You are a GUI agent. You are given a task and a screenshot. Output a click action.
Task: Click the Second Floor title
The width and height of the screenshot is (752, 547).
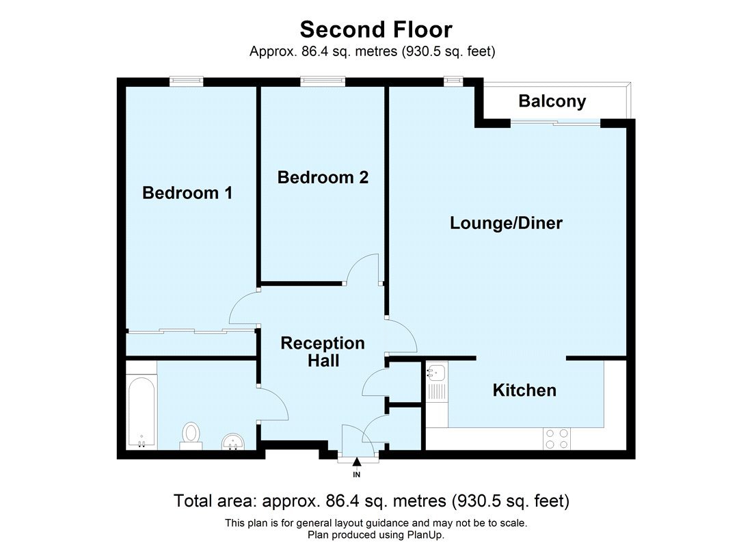376,29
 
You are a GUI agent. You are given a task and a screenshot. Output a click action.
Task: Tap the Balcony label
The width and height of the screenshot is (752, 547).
552,102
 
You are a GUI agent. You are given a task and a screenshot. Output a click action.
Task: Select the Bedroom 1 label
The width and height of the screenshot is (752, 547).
187,194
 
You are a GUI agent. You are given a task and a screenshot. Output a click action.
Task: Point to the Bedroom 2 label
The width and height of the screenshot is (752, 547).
323,178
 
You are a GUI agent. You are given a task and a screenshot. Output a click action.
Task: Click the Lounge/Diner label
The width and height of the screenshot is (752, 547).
506,223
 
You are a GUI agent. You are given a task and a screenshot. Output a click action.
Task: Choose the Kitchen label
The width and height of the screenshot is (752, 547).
524,390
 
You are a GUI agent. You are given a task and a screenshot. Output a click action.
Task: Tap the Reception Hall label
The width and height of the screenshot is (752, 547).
323,351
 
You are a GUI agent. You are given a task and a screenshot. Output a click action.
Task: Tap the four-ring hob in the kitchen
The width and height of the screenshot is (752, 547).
556,438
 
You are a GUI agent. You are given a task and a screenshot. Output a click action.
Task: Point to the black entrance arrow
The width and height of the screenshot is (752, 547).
356,465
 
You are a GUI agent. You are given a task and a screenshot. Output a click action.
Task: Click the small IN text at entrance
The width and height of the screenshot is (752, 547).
356,474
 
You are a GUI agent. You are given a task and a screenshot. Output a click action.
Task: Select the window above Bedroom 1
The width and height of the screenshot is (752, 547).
187,81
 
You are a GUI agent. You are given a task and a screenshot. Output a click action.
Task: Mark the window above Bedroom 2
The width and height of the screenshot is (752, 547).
323,81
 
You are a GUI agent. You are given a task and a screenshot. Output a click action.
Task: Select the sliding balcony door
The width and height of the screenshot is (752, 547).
555,122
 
